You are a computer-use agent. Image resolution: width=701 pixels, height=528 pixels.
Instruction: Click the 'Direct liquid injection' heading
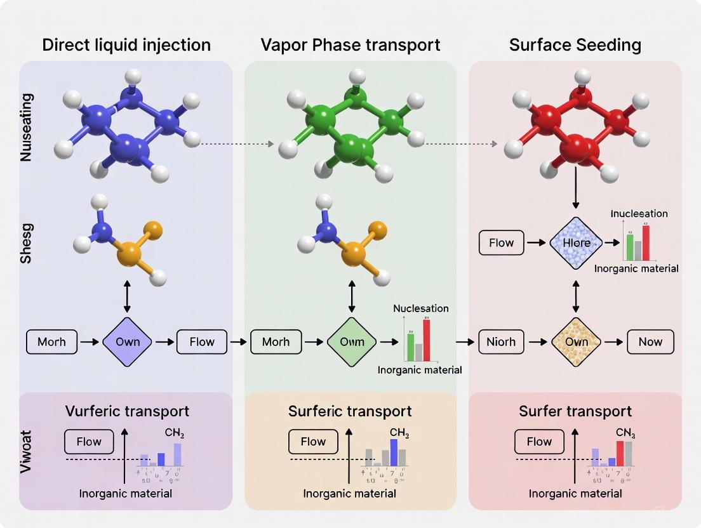click(x=126, y=45)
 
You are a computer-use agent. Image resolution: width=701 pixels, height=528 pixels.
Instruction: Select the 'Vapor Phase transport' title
click(x=350, y=45)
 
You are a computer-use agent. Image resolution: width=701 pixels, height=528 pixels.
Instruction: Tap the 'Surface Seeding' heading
click(x=575, y=45)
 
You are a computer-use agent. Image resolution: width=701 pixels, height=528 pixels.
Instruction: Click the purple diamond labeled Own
click(x=128, y=342)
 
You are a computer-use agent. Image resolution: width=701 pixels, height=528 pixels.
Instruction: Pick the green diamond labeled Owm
click(x=352, y=342)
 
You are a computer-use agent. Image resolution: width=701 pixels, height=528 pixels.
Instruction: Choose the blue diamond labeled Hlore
click(x=576, y=242)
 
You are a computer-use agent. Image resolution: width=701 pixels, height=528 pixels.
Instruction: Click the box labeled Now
click(x=650, y=342)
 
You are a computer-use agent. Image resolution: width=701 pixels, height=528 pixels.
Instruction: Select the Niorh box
click(x=501, y=342)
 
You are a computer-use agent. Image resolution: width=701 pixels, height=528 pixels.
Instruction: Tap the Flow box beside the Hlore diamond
click(x=501, y=242)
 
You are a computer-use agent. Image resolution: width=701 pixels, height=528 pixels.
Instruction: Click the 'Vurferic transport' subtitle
click(x=127, y=411)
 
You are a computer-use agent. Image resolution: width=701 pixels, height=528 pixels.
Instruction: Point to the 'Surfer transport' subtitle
click(x=575, y=411)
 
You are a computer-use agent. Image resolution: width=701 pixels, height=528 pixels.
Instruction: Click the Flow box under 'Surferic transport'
click(x=313, y=442)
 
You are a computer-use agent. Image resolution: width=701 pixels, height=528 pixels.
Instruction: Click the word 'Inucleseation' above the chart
click(x=639, y=214)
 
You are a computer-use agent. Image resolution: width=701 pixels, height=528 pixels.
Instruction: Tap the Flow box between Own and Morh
click(x=202, y=342)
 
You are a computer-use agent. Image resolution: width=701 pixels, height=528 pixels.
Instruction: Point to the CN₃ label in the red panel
click(x=625, y=434)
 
